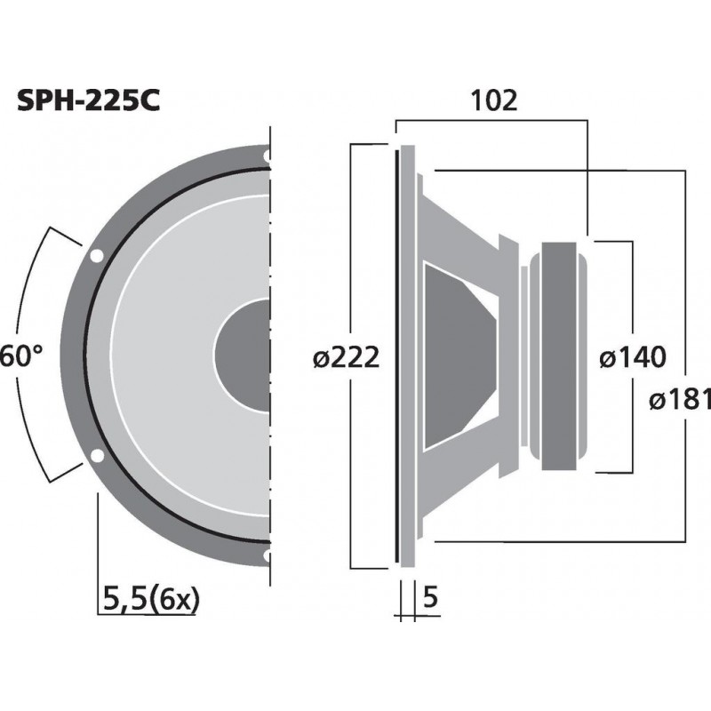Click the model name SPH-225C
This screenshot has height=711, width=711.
point(89,100)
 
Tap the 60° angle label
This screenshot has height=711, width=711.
point(20,355)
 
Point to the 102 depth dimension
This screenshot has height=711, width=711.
point(495,100)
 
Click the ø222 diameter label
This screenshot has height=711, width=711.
point(346,357)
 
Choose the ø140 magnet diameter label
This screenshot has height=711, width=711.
point(631,357)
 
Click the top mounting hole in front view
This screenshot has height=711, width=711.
point(267,156)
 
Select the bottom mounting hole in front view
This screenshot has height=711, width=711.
point(267,557)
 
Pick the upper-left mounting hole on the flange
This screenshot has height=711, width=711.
point(96,257)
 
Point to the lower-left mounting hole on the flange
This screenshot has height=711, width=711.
point(96,458)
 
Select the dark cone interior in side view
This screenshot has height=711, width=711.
point(458,355)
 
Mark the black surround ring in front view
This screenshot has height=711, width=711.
point(90,355)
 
